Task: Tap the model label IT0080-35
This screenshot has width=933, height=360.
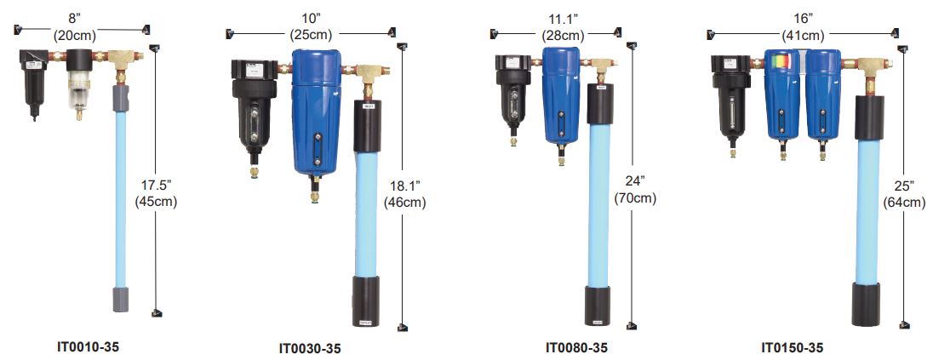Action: click(x=576, y=347)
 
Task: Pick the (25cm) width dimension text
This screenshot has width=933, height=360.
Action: click(x=311, y=35)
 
